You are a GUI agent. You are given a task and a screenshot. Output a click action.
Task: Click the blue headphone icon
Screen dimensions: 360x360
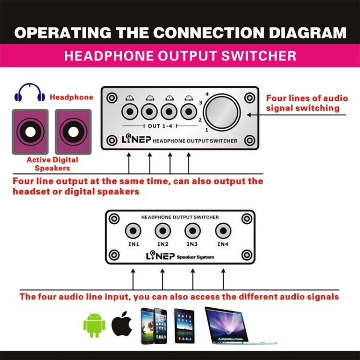[29, 92]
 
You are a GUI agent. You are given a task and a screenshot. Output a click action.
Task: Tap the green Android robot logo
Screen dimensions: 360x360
[94, 325]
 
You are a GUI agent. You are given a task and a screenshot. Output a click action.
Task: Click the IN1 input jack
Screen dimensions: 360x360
[133, 231]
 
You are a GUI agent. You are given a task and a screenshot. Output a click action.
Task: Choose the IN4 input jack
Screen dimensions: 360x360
[223, 231]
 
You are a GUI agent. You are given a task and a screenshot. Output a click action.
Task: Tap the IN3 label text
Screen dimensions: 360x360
[192, 244]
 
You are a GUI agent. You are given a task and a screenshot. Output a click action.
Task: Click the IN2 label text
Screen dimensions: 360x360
[162, 244]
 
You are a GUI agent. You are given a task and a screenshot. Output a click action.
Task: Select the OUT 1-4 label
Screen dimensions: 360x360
[160, 126]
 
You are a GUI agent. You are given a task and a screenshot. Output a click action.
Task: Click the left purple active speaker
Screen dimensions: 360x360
[30, 132]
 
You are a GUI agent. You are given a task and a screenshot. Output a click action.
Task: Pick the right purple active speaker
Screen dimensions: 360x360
[72, 132]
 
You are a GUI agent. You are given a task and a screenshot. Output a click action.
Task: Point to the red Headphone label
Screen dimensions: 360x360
[72, 97]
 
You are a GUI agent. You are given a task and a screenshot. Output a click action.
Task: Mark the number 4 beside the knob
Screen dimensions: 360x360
[207, 94]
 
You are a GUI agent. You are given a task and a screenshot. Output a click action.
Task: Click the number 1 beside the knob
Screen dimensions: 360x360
[207, 130]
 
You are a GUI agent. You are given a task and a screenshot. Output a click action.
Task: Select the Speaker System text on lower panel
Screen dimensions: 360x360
[196, 257]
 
